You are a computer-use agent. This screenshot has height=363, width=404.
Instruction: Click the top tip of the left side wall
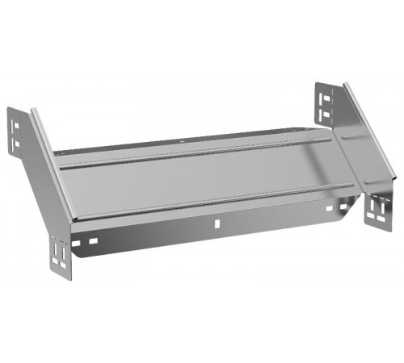tap(34, 111)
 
